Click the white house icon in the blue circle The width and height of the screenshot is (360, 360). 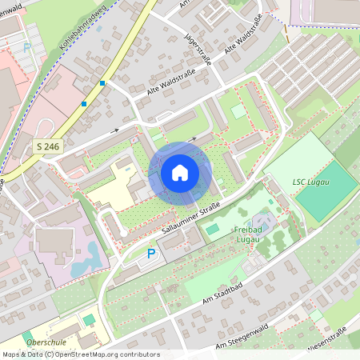(x=180, y=172)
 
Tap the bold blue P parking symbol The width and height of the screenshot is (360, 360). (x=152, y=254)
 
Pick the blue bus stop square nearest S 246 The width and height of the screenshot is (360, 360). (x=84, y=103)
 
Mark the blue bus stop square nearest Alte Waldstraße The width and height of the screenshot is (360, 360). (x=102, y=83)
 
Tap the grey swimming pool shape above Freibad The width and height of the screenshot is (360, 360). (x=265, y=218)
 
